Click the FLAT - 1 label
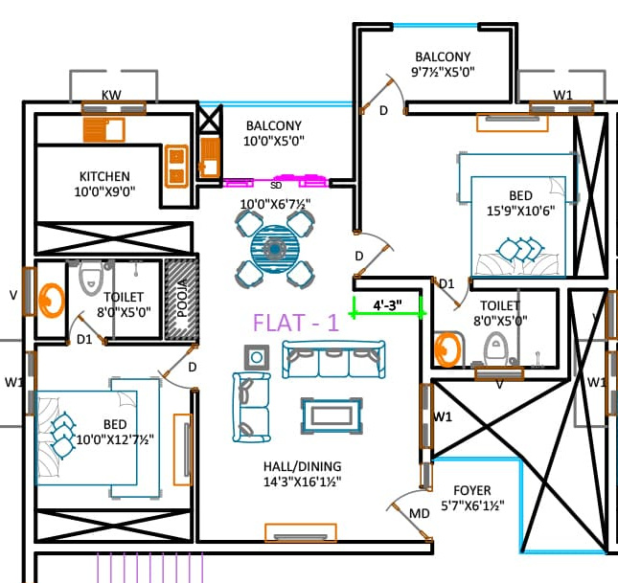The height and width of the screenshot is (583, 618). (295, 322)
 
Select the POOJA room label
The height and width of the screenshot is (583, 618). (182, 296)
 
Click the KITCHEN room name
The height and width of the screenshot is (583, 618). (104, 176)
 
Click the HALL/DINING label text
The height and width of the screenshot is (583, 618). (302, 466)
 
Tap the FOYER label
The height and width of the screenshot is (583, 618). (471, 490)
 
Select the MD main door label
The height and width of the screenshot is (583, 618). (420, 514)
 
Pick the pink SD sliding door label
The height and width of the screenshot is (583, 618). (276, 186)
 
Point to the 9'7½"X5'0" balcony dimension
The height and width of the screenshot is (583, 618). (443, 72)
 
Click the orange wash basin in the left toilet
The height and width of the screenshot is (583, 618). (49, 298)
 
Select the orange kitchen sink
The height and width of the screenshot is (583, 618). (103, 128)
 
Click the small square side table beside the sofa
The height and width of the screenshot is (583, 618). (258, 359)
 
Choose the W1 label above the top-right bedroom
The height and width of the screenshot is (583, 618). (563, 95)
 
